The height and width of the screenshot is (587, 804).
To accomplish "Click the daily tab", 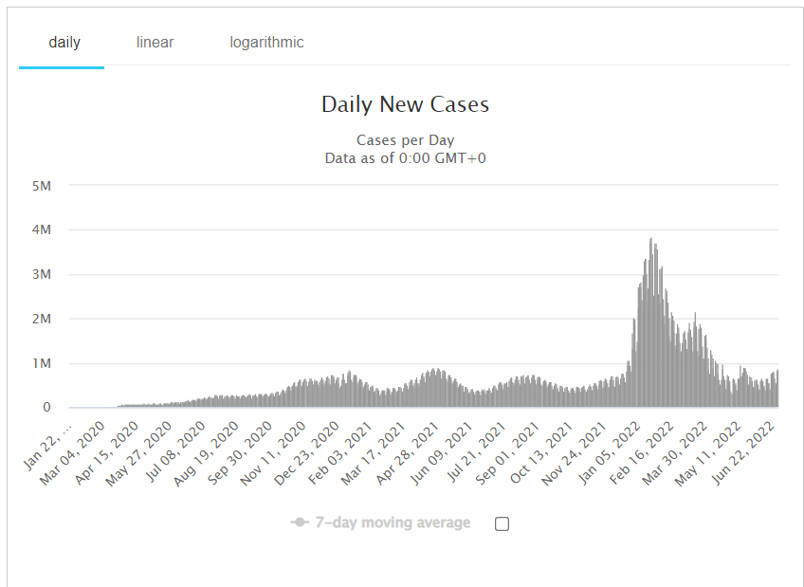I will coord(64,43).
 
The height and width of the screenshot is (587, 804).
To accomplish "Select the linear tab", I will coord(155,43).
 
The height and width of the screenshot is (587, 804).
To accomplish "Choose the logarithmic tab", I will coord(266,43).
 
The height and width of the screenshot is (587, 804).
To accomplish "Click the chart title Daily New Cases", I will coord(405,104).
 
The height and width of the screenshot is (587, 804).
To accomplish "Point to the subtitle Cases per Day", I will coord(405,140).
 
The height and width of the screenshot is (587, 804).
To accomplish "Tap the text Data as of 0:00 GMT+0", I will coord(405,158).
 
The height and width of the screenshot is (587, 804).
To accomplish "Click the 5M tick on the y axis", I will coord(41,185).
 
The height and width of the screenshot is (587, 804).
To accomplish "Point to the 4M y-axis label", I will coord(41,229).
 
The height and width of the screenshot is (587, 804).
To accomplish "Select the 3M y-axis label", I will coord(41,274).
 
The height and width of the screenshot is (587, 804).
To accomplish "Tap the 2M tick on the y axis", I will coord(41,319).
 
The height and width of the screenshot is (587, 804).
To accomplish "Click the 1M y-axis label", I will coord(41,363).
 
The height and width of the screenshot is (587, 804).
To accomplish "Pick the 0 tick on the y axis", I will coord(46,408).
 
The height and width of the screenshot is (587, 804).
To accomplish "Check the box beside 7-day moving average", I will coord(502,523).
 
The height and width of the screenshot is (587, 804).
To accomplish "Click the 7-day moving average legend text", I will coord(393,523).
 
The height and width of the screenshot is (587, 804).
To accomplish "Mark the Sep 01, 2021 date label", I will coord(499,449).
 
